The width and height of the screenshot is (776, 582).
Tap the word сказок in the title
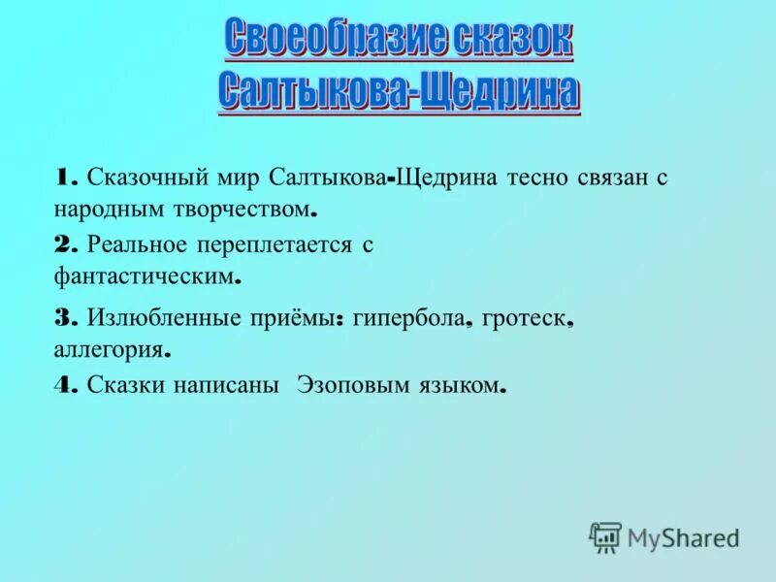coord(510,39)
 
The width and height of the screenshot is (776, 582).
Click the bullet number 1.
coord(66,178)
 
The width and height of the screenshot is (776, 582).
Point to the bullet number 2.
coord(67,245)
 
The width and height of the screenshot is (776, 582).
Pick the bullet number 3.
coord(67,317)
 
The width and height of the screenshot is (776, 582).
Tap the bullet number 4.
coord(67,385)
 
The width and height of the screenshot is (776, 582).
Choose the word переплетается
coord(275,246)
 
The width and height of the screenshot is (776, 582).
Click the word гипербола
coord(409,317)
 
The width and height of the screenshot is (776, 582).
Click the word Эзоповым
coord(345,385)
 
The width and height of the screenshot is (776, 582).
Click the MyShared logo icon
coord(605,536)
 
